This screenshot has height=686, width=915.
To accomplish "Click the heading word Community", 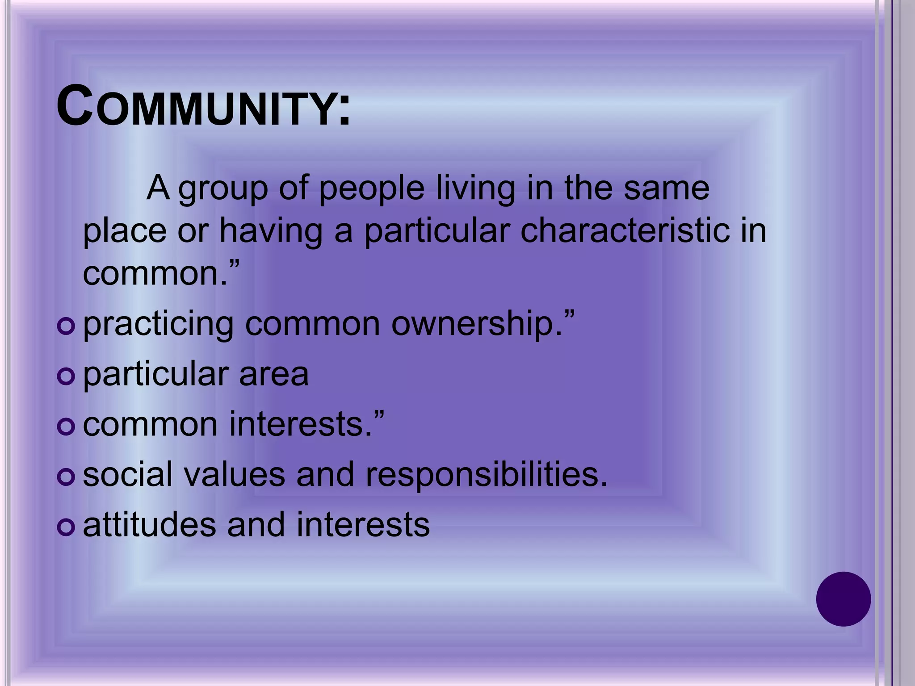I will pyautogui.click(x=203, y=108).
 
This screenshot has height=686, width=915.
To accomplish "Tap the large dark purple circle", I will pyautogui.click(x=843, y=599).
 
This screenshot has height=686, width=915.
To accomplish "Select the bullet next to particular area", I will pyautogui.click(x=66, y=377).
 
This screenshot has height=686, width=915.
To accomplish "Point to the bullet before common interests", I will pyautogui.click(x=66, y=427).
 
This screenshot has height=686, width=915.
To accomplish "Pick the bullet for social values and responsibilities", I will pyautogui.click(x=66, y=477).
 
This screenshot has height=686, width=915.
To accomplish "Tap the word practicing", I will pyautogui.click(x=159, y=325).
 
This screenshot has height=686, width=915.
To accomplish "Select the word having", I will pyautogui.click(x=271, y=232).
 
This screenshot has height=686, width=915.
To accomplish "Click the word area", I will pyautogui.click(x=273, y=375).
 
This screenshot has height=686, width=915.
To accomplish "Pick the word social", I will pyautogui.click(x=128, y=474).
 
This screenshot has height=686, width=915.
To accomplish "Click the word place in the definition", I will pyautogui.click(x=125, y=232).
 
